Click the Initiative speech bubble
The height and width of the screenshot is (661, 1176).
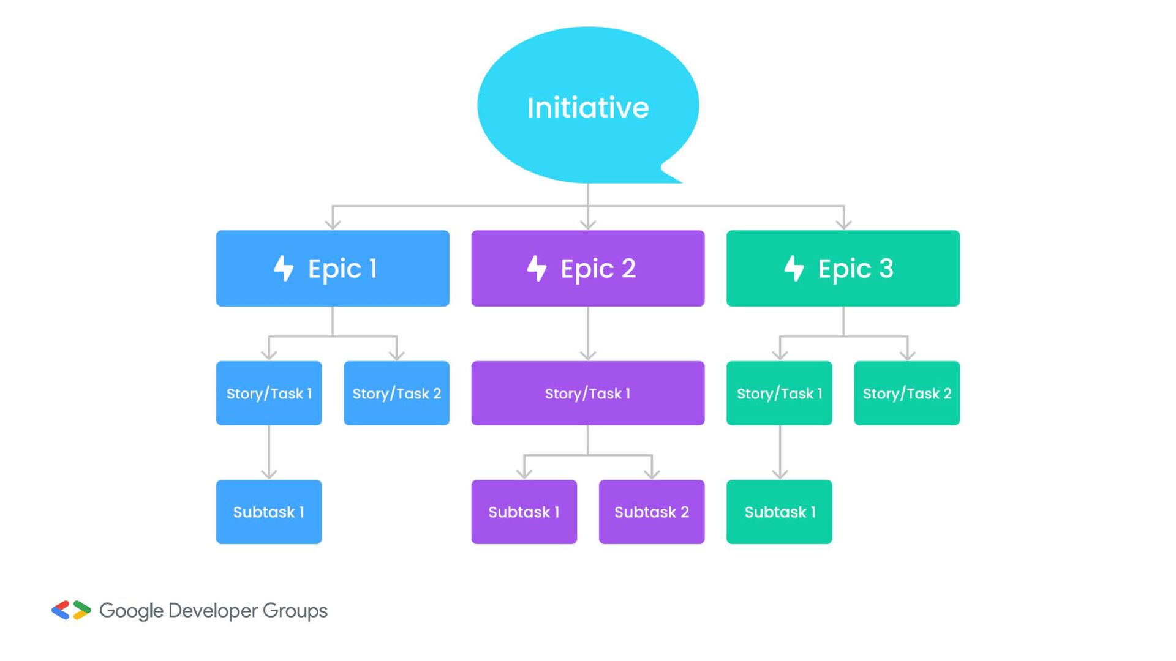click(x=588, y=105)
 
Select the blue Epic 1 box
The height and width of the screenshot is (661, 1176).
click(x=333, y=268)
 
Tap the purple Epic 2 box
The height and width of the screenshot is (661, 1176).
click(x=588, y=268)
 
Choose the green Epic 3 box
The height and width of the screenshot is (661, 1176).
click(x=843, y=268)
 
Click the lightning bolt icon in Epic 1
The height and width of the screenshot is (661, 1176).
click(x=284, y=268)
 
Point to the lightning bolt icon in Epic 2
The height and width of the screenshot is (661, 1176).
click(x=537, y=268)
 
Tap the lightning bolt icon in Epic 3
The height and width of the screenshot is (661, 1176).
click(x=794, y=268)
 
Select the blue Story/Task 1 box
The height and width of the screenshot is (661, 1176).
click(x=269, y=393)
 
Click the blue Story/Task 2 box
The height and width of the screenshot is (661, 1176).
click(x=396, y=393)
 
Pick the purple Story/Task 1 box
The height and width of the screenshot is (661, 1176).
click(x=588, y=393)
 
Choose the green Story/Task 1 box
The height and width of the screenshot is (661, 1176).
click(x=779, y=393)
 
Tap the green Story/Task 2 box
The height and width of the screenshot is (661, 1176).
click(x=907, y=393)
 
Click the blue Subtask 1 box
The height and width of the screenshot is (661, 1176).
click(x=269, y=512)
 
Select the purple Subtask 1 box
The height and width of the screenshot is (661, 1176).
click(x=524, y=512)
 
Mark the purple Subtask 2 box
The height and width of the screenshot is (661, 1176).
click(x=652, y=512)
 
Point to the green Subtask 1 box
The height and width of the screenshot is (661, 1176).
click(x=779, y=512)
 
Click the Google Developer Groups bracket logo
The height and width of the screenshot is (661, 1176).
click(x=71, y=610)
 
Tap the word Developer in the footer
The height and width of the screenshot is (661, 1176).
click(x=213, y=611)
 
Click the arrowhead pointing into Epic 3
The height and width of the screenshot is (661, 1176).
click(x=844, y=224)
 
